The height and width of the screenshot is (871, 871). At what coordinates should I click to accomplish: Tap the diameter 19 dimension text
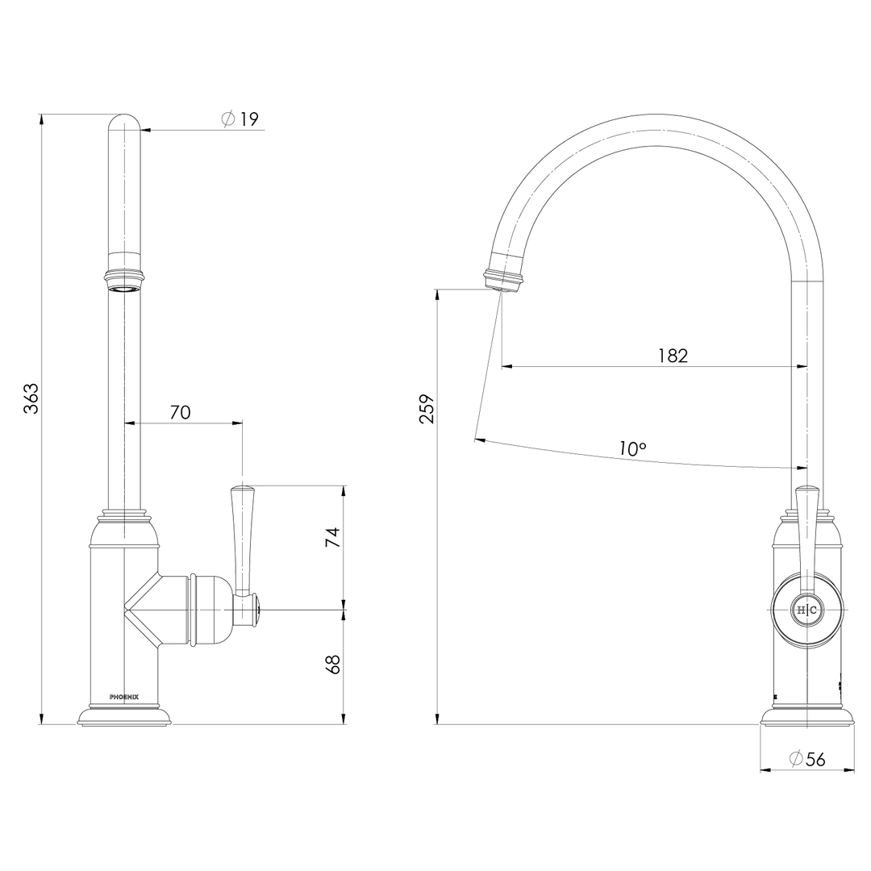[240, 119]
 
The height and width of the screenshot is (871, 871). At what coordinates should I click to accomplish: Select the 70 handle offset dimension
[180, 412]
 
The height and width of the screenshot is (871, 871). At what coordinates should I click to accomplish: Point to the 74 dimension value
[332, 538]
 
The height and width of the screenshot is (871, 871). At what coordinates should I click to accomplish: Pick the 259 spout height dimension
[427, 408]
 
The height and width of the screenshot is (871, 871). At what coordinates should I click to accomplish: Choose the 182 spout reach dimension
[673, 356]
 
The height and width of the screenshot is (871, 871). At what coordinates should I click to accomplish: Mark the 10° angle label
[633, 449]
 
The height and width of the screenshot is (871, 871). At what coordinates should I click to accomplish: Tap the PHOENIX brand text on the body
[124, 694]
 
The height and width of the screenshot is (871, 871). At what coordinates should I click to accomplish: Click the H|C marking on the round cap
[807, 611]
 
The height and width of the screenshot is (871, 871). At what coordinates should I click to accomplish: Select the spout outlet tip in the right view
[502, 282]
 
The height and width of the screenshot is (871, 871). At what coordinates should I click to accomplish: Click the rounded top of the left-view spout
[124, 123]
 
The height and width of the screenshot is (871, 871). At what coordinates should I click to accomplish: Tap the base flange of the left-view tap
[124, 716]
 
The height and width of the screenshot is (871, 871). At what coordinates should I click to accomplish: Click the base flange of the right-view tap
[807, 717]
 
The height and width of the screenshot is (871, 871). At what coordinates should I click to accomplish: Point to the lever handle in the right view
[807, 532]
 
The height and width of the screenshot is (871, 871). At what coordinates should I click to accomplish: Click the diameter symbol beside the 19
[227, 119]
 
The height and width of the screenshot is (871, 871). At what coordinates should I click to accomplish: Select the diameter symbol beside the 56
[795, 759]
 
